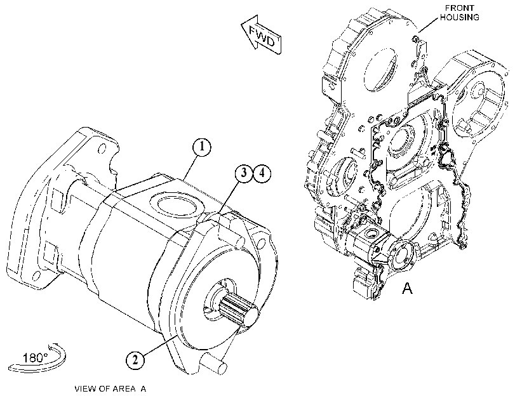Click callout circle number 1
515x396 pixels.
202,147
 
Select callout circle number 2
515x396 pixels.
135,360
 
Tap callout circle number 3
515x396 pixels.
244,173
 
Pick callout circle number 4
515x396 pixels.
262,173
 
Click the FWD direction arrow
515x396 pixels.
262,34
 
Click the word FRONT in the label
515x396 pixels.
460,8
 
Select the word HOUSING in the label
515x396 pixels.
460,17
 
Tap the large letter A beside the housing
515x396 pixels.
407,288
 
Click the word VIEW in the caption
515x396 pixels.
85,389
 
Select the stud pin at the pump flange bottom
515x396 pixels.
213,364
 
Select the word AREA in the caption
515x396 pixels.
124,389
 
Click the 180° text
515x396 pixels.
35,357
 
